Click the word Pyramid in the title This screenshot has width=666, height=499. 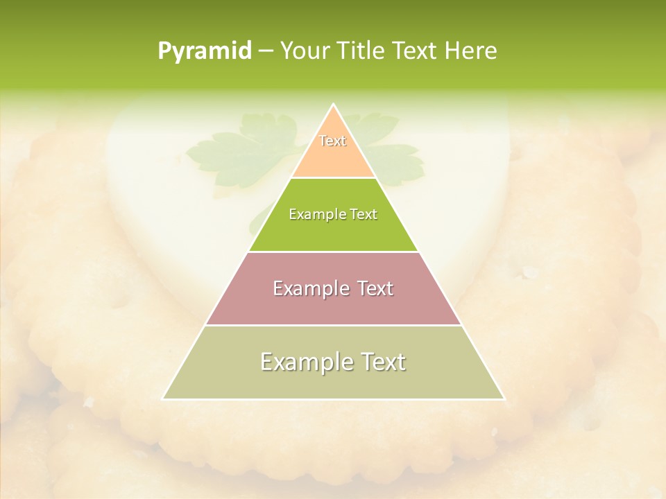pos(204,51)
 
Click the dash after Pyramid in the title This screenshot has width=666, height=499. pos(266,51)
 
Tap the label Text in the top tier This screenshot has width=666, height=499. pos(333,141)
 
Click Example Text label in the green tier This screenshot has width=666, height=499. pos(333,214)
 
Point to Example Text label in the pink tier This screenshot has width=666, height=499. pos(333,288)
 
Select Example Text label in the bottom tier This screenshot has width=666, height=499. pos(333,362)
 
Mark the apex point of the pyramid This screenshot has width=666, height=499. pos(334,105)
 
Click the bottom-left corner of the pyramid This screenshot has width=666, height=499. pos(163,399)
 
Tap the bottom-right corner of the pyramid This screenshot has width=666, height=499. pos(504,399)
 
